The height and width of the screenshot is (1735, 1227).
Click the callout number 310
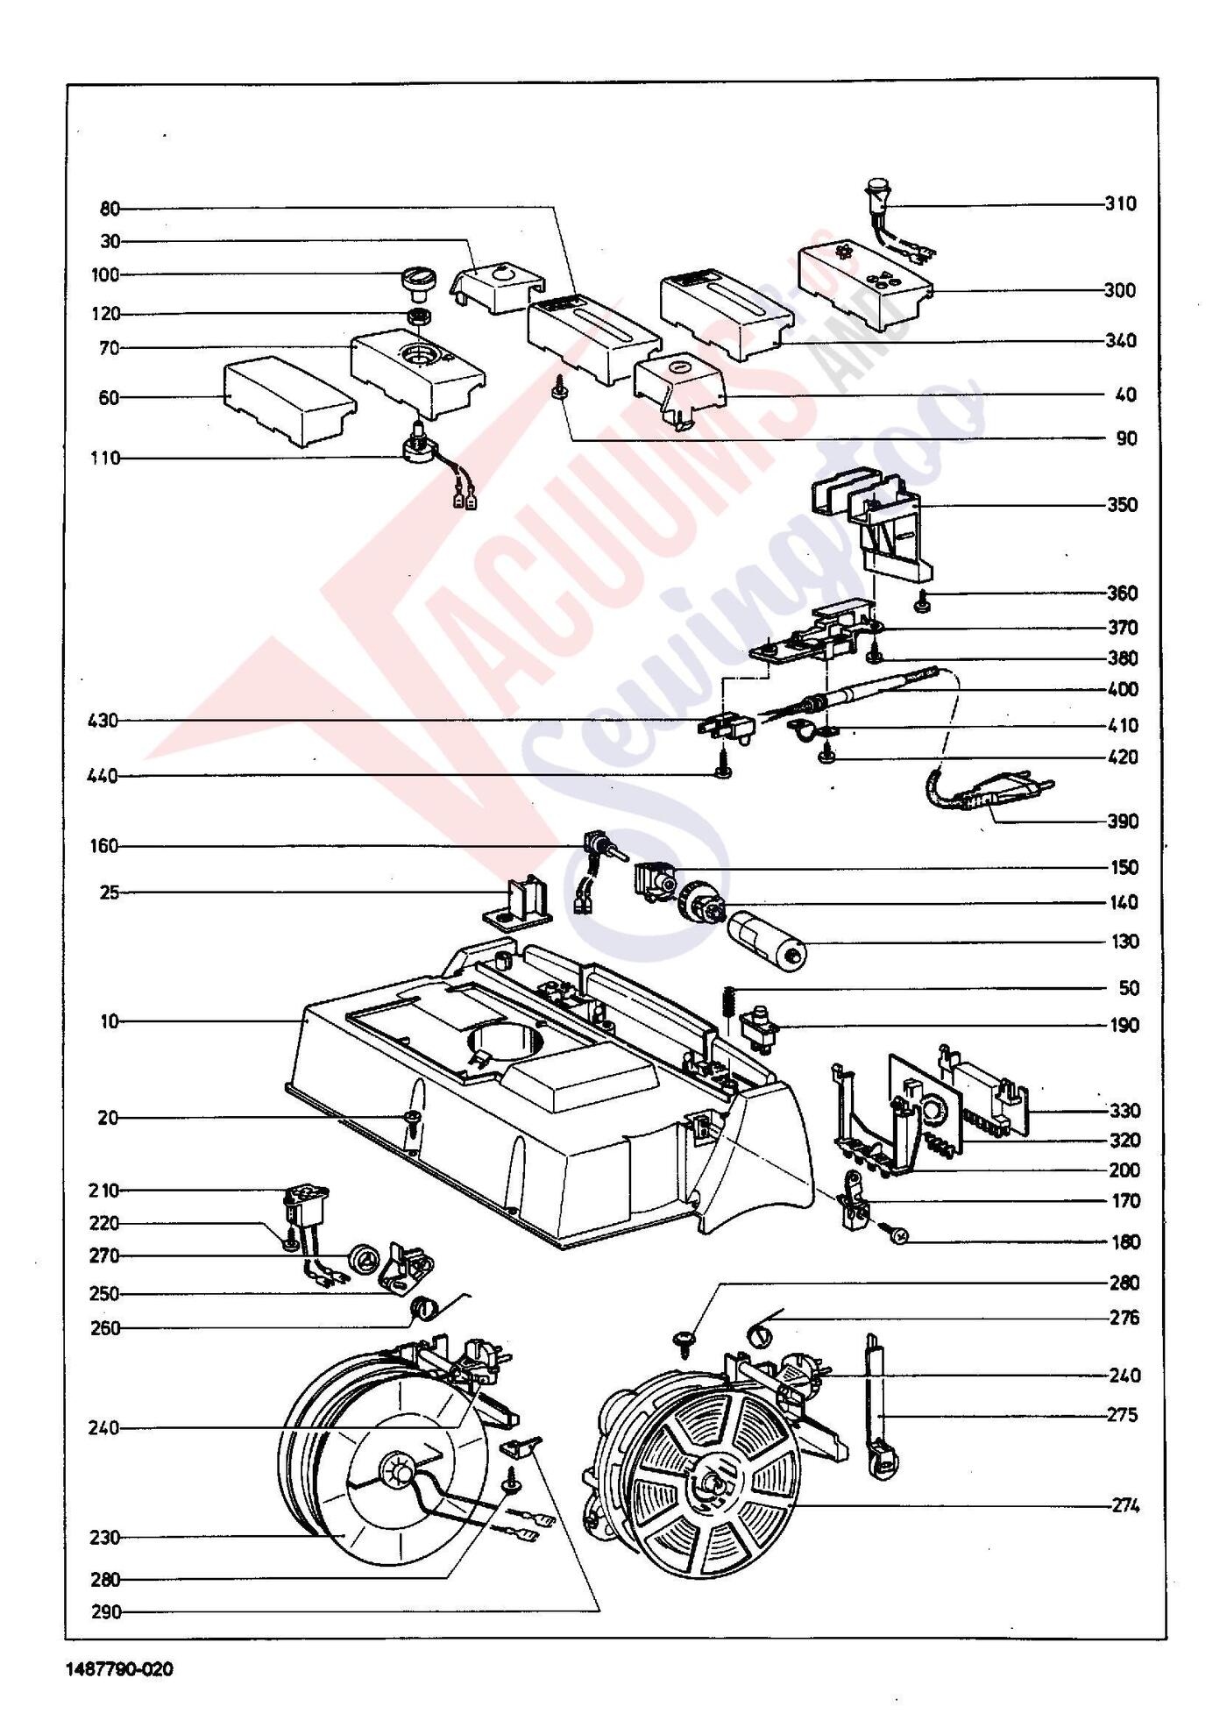1120,204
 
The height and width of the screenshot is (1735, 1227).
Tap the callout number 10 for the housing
110,1021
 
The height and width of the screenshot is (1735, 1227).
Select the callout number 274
1124,1506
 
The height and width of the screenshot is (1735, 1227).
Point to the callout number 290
105,1611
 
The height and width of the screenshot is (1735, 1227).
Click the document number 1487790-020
119,1668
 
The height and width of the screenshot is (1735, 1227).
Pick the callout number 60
109,398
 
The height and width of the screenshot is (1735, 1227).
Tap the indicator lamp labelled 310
876,195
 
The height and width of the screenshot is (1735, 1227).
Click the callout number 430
103,722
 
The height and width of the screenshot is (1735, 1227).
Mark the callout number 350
1122,505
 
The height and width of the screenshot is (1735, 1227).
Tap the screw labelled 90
558,387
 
